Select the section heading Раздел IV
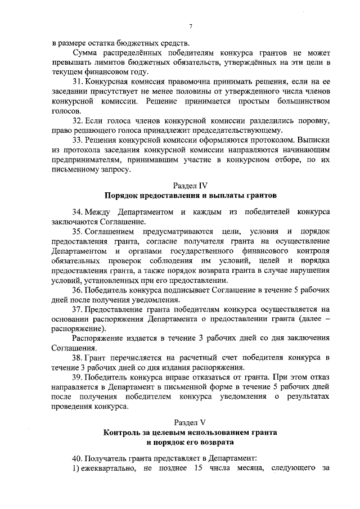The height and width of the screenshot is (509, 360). pyautogui.click(x=191, y=184)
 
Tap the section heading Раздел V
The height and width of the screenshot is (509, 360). pyautogui.click(x=191, y=421)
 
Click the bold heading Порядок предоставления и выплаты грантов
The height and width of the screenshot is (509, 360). pyautogui.click(x=191, y=196)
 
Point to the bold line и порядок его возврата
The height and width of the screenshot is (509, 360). pyautogui.click(x=191, y=443)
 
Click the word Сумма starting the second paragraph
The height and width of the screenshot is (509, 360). pyautogui.click(x=85, y=52)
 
